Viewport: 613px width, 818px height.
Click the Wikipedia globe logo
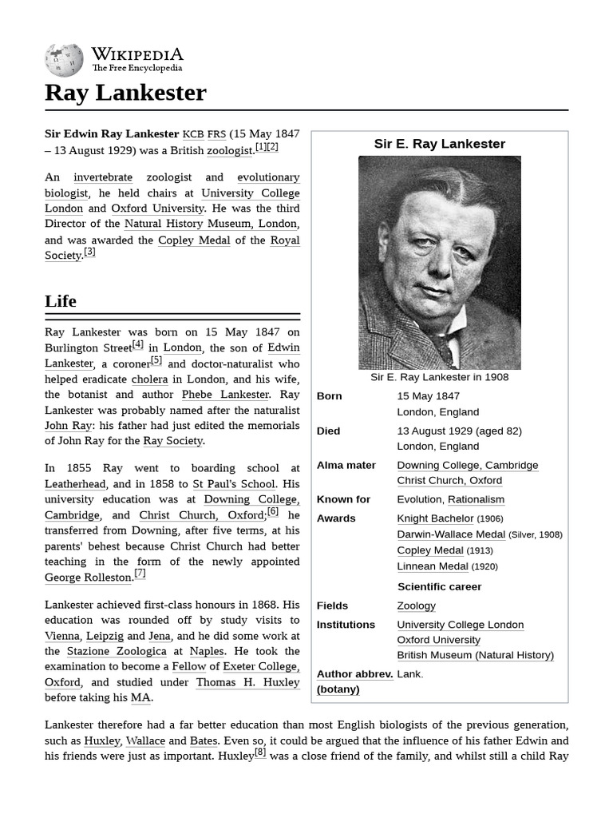point(64,60)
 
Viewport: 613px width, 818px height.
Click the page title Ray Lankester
point(125,93)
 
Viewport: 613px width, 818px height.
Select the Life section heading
point(61,301)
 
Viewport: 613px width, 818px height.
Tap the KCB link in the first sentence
point(193,134)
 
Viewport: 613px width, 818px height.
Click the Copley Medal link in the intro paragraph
point(194,240)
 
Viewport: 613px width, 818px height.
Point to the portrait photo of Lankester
point(439,262)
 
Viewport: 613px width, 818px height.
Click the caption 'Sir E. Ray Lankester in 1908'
point(439,377)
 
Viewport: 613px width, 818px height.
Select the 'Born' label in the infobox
point(330,396)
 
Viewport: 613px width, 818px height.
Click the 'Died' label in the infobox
point(329,431)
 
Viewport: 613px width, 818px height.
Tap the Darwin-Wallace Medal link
point(451,534)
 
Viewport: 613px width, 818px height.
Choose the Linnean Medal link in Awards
point(433,566)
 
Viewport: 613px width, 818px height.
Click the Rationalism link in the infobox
point(476,499)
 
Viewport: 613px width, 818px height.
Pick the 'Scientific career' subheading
point(439,587)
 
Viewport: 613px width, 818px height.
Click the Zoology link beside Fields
point(416,606)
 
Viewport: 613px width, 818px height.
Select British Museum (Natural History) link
point(475,655)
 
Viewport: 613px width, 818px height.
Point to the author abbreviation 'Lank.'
point(410,674)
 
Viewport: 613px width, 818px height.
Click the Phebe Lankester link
point(225,395)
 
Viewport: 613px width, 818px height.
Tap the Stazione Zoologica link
point(117,652)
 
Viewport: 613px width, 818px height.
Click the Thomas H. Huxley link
point(247,682)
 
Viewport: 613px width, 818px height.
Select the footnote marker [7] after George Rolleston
point(140,573)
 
